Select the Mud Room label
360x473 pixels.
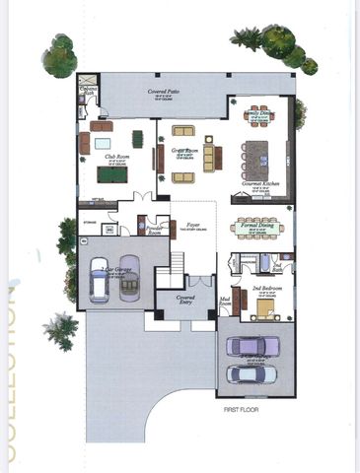pyautogui.click(x=225, y=304)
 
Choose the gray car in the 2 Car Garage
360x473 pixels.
pyautogui.click(x=130, y=284)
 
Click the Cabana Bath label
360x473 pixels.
pyautogui.click(x=90, y=92)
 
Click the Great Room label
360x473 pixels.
pyautogui.click(x=186, y=151)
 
